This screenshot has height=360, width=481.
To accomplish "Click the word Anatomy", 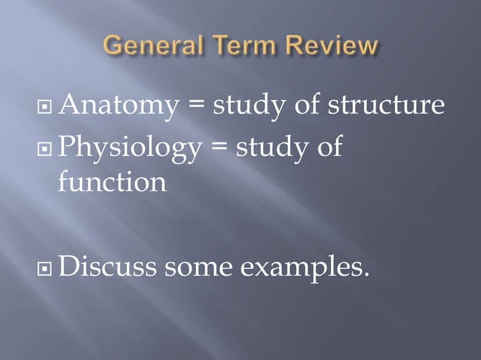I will point(117,106).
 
